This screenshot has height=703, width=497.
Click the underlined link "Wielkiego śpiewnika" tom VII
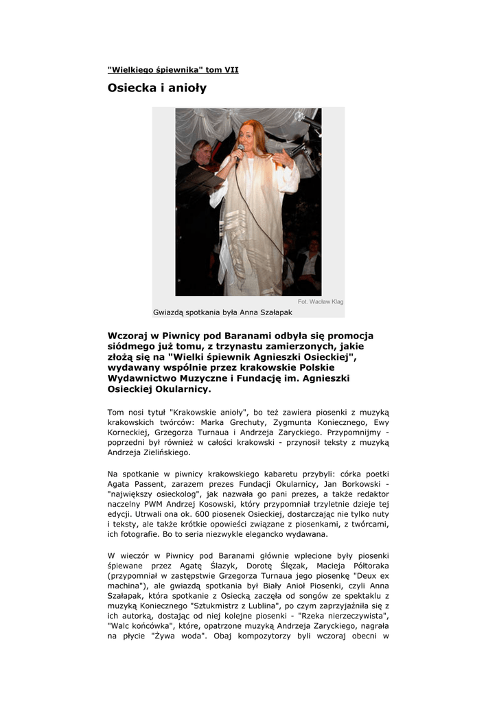pos(173,69)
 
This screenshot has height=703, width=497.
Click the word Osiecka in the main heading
pos(130,88)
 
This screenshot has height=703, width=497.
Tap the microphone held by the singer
pos(240,150)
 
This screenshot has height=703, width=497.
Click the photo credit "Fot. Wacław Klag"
pos(321,302)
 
